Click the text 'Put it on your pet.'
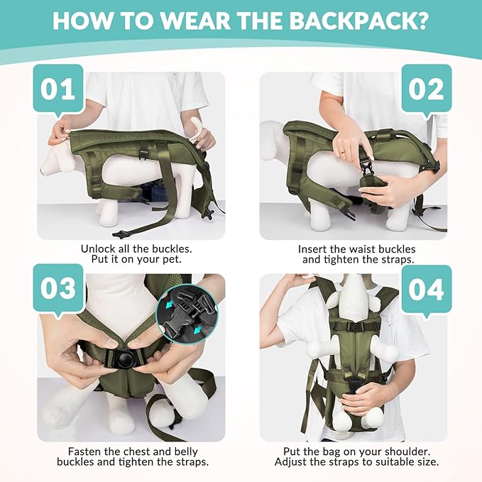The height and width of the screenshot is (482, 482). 131,261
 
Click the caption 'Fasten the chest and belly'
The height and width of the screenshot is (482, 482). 131,451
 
